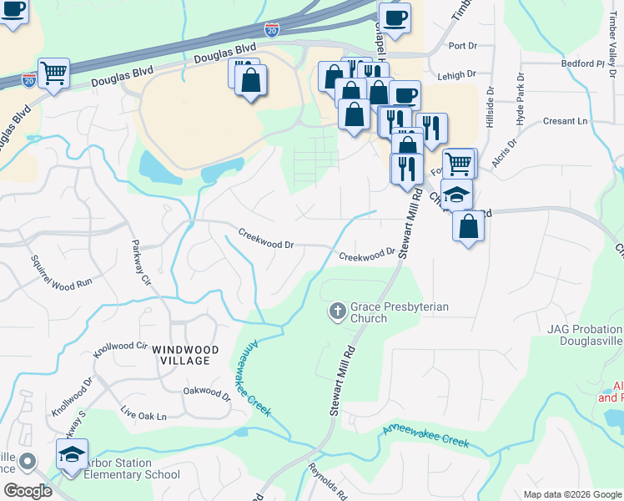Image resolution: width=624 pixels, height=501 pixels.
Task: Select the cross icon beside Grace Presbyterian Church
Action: (x=337, y=312)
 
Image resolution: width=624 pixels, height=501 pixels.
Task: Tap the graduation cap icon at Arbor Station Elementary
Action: (x=72, y=456)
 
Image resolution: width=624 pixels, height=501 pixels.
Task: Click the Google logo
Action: (x=27, y=491)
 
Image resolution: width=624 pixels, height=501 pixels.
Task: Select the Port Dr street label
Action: (x=462, y=46)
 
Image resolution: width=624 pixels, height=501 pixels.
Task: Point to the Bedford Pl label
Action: (x=583, y=63)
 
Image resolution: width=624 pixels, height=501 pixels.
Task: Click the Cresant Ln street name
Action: (x=565, y=121)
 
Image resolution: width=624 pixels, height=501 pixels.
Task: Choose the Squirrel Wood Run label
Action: (x=61, y=271)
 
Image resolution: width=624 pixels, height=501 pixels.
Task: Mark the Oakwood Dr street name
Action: (x=206, y=390)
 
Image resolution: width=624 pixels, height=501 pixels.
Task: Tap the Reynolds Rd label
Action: (x=327, y=480)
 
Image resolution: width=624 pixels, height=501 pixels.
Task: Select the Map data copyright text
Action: (x=572, y=494)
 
